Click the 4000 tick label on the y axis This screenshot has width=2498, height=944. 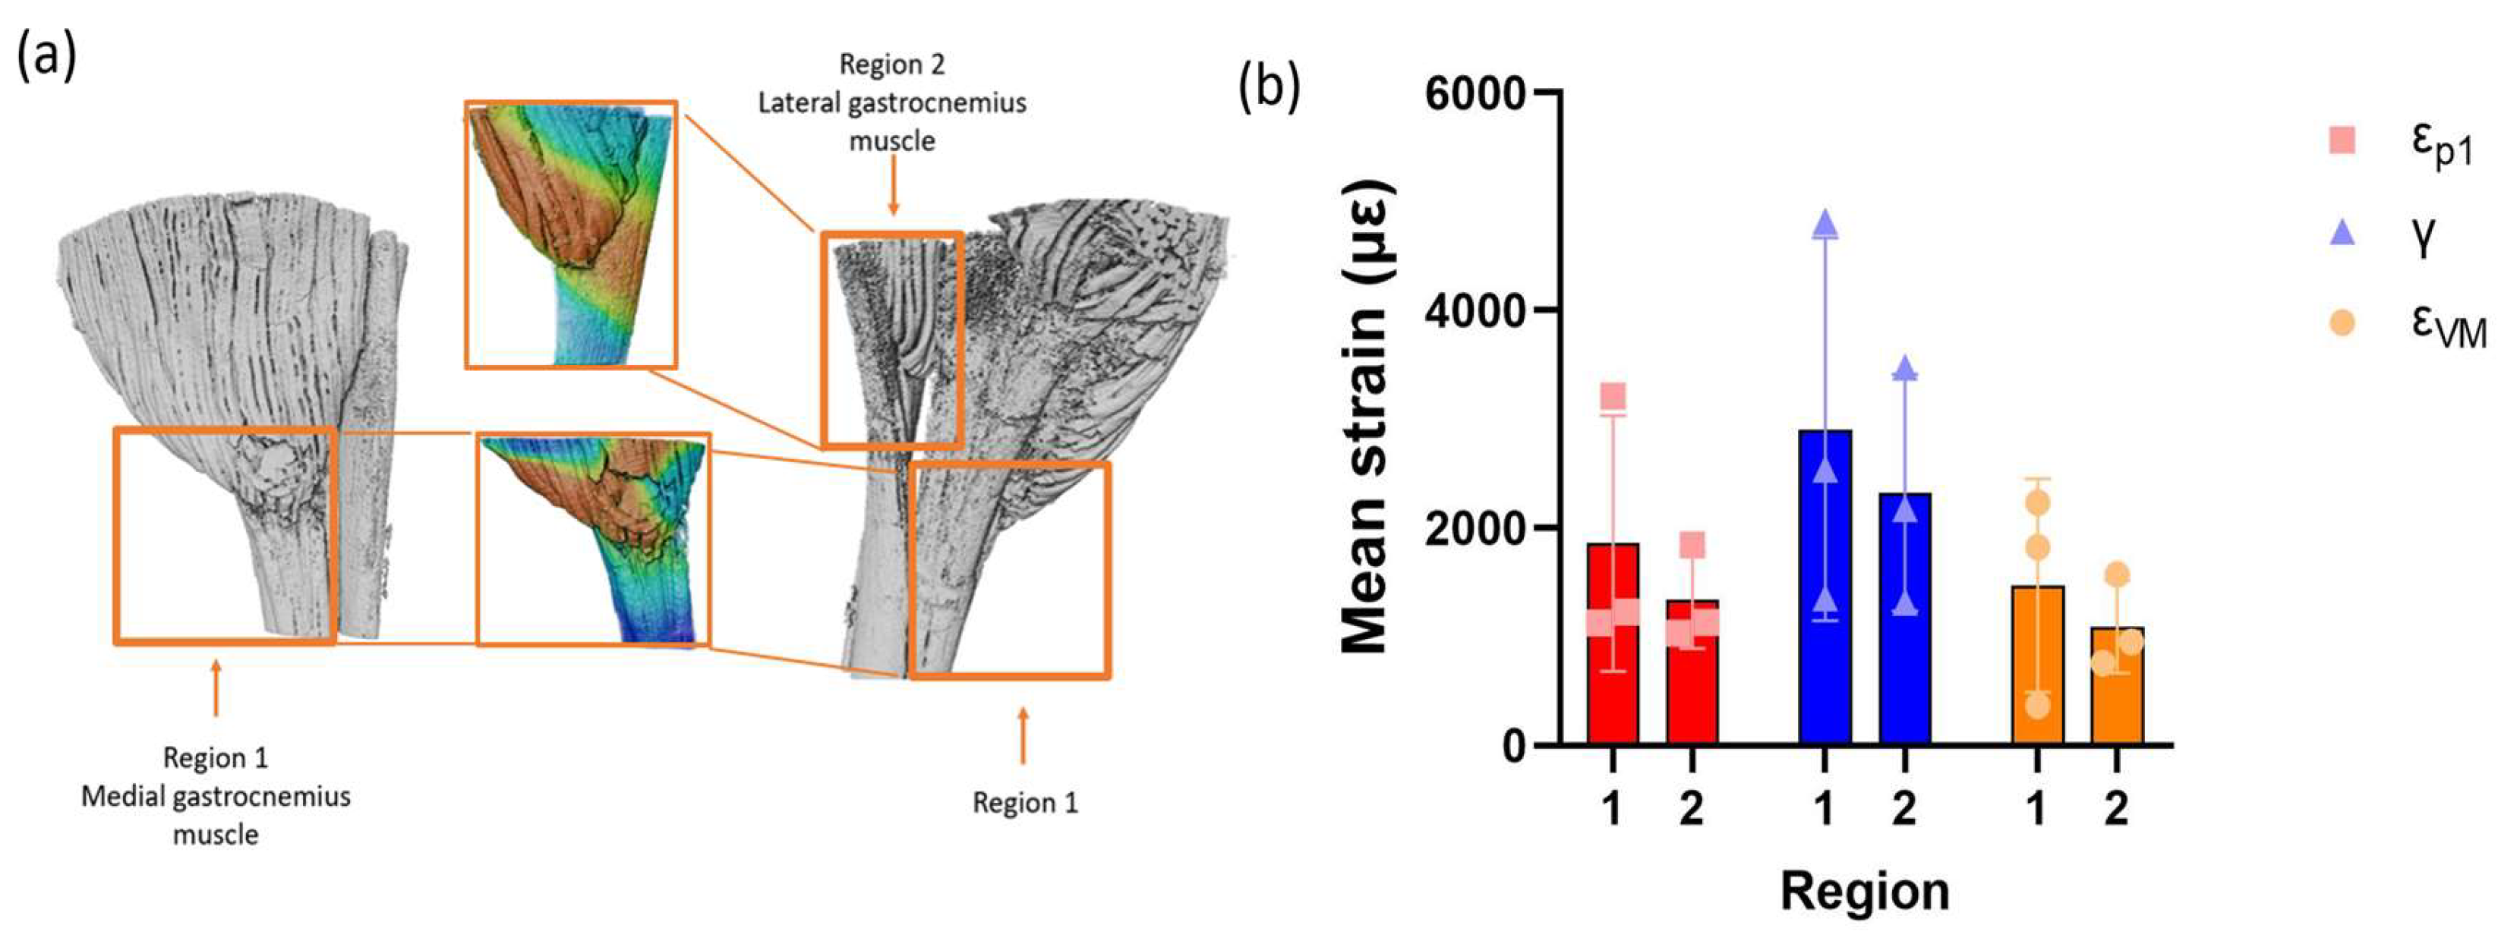(1474, 310)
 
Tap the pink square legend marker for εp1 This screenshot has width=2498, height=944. (2342, 141)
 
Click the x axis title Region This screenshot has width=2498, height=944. (1864, 889)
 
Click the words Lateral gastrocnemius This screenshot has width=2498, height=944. (891, 102)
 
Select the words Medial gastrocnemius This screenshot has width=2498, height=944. (216, 797)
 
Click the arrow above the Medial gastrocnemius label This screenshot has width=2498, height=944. (216, 688)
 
